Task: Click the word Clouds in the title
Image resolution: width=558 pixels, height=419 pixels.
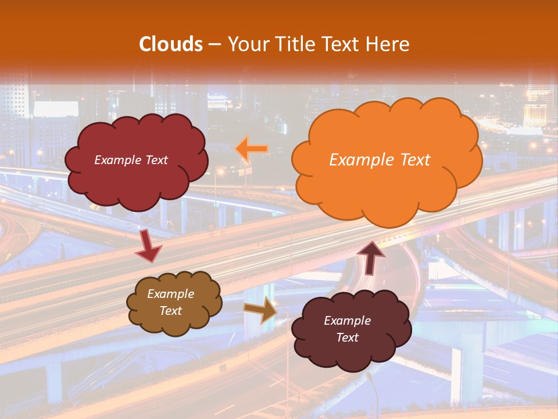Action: pyautogui.click(x=171, y=44)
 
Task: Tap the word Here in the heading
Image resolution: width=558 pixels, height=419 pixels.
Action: pyautogui.click(x=388, y=44)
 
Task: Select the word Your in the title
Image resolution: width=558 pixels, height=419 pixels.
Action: pyautogui.click(x=246, y=44)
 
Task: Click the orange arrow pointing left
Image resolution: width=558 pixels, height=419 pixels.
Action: pyautogui.click(x=252, y=149)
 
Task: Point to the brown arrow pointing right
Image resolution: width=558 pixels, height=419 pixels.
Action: pyautogui.click(x=261, y=310)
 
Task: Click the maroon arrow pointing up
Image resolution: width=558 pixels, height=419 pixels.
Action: pyautogui.click(x=371, y=258)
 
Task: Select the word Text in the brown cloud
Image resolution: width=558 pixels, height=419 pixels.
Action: pyautogui.click(x=171, y=311)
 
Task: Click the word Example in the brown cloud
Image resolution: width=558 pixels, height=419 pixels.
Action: pyautogui.click(x=171, y=294)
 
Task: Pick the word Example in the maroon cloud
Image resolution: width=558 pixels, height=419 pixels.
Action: pyautogui.click(x=347, y=321)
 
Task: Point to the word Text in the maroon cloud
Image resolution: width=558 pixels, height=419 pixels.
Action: pyautogui.click(x=347, y=338)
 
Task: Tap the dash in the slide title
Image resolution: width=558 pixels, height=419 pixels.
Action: pyautogui.click(x=214, y=45)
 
